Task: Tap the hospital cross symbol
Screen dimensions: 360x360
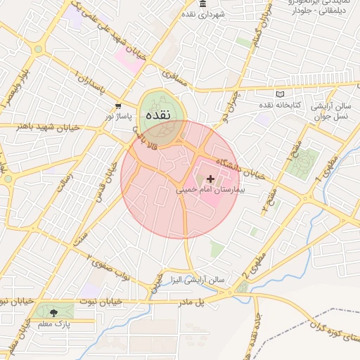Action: click(x=210, y=179)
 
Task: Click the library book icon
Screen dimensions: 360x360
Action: click(x=281, y=94)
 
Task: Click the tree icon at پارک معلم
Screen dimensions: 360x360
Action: click(x=53, y=311)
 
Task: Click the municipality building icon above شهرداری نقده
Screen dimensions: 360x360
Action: click(x=203, y=4)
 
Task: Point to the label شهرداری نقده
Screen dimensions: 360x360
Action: click(x=202, y=14)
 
